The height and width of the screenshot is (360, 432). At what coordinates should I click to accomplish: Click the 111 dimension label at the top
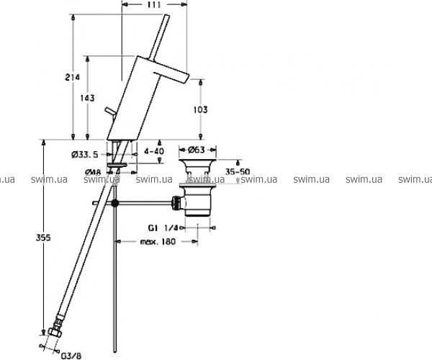(154, 5)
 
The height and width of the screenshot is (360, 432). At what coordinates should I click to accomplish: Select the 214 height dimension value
(72, 77)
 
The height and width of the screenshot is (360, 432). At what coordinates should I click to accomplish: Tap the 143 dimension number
(87, 98)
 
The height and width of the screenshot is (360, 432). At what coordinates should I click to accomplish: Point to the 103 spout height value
(200, 109)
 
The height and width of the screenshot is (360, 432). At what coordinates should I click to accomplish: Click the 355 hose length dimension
(43, 238)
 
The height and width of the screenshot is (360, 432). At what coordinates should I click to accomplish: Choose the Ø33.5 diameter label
(85, 155)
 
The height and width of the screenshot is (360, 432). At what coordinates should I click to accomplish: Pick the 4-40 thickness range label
(154, 151)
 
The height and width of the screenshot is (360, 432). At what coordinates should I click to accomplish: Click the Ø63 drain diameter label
(197, 150)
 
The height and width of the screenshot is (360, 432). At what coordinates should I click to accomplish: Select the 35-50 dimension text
(238, 172)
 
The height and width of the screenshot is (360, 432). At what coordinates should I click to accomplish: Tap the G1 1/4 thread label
(163, 228)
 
